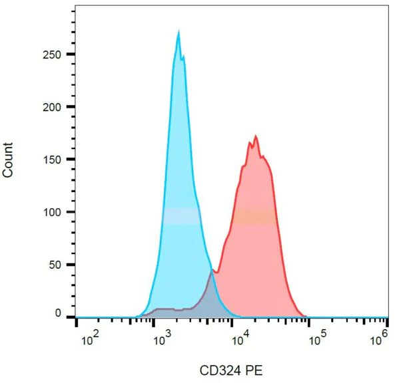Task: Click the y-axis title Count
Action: (9, 160)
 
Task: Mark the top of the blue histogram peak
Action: (179, 31)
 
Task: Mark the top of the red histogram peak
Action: (255, 136)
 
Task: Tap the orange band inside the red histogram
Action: (253, 216)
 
